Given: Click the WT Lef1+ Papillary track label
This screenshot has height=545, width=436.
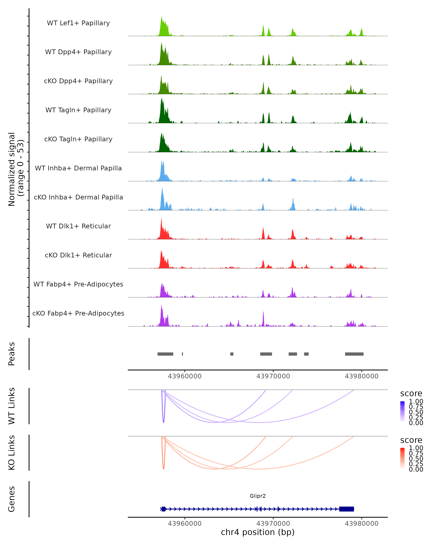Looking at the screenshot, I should pyautogui.click(x=78, y=23).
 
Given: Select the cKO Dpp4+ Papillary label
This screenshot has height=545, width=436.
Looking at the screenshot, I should pyautogui.click(x=78, y=81).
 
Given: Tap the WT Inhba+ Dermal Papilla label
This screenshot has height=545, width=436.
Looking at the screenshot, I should pyautogui.click(x=78, y=168).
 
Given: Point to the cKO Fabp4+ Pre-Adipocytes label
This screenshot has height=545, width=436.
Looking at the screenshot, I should pyautogui.click(x=78, y=313).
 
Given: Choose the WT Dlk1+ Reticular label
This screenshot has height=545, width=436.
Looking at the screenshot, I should pyautogui.click(x=78, y=226).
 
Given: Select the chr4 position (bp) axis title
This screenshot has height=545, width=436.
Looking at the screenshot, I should pyautogui.click(x=258, y=532).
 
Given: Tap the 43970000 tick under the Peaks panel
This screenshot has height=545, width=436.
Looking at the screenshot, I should pyautogui.click(x=273, y=376).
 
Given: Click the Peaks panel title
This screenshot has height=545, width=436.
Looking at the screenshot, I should pyautogui.click(x=12, y=354).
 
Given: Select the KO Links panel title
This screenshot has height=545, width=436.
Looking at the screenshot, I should pyautogui.click(x=12, y=453).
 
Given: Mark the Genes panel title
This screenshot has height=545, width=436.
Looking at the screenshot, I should pyautogui.click(x=12, y=499).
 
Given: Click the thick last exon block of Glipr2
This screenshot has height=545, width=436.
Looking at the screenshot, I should pyautogui.click(x=346, y=509).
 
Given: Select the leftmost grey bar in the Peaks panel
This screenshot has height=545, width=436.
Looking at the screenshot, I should pyautogui.click(x=165, y=354).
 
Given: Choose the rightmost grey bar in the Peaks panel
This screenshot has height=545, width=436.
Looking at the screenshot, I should pyautogui.click(x=354, y=354).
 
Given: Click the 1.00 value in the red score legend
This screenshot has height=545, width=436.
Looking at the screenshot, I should pyautogui.click(x=416, y=448).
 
